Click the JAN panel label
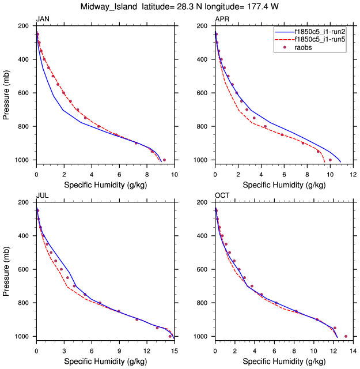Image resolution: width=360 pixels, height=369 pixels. [x=43, y=20]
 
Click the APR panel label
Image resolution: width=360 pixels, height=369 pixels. [x=222, y=20]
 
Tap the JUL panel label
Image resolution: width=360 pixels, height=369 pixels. [x=42, y=196]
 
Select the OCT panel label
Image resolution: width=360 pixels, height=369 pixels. [x=222, y=196]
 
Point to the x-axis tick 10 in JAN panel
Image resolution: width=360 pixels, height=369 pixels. [x=175, y=174]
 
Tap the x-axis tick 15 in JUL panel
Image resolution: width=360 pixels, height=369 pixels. [x=175, y=350]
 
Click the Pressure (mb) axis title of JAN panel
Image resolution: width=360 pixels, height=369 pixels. [x=6, y=93]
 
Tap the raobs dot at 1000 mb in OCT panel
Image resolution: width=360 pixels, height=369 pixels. [x=346, y=336]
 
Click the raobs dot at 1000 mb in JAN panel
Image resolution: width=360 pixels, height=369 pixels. [x=164, y=160]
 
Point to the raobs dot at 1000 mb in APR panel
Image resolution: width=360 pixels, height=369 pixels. [x=330, y=160]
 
